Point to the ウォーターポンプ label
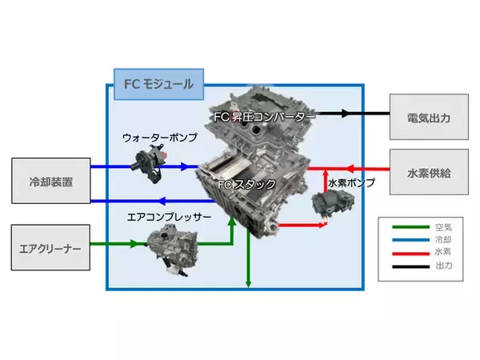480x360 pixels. pos(157,138)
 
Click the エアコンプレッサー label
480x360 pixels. pos(170,216)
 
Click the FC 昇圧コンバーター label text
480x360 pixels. pos(265,117)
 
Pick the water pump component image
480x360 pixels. pos(150,163)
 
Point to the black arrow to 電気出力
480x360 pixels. pos(357,113)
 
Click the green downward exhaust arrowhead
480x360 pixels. pos(250,282)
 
